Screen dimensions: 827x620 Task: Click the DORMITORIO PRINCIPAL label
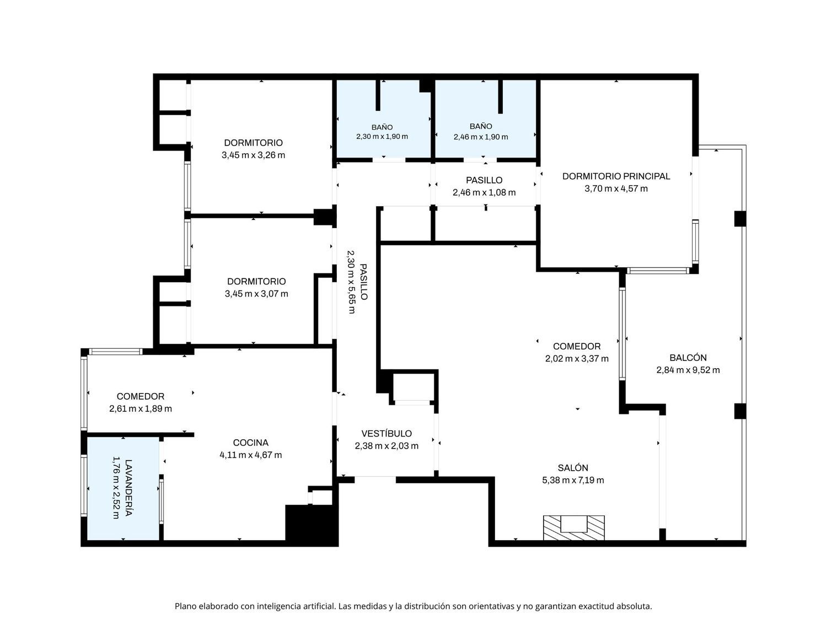(x=616, y=176)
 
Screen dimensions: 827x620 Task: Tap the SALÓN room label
(x=573, y=467)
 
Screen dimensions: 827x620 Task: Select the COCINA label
(x=250, y=443)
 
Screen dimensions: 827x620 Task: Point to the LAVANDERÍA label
(x=128, y=488)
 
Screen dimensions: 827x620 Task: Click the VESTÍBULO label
(x=386, y=434)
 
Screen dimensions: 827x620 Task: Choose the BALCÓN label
(x=688, y=358)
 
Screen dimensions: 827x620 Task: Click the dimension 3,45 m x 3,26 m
(x=253, y=155)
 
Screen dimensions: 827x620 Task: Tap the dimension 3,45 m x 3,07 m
(x=256, y=294)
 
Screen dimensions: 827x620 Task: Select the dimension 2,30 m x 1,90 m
(x=382, y=137)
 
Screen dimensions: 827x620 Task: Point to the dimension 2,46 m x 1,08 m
(x=484, y=193)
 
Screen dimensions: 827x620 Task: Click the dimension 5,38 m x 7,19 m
(x=573, y=481)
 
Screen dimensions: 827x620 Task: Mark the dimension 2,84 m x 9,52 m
(x=688, y=370)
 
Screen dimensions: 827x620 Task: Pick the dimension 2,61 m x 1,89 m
(x=141, y=409)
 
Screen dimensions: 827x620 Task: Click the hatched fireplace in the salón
(x=574, y=527)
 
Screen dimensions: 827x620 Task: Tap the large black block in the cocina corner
(x=312, y=525)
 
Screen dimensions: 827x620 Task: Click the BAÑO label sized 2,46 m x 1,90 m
(x=481, y=126)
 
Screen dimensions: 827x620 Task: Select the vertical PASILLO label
(x=363, y=282)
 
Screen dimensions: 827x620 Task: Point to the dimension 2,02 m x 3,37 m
(x=577, y=359)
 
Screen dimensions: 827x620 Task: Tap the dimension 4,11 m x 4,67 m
(x=250, y=455)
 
